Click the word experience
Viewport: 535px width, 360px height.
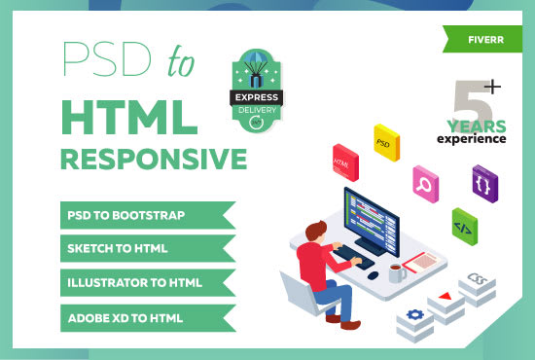pos(472,138)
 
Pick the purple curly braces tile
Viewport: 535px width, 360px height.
pos(482,182)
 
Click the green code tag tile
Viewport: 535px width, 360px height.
pos(464,226)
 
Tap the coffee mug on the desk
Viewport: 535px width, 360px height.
pos(396,273)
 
